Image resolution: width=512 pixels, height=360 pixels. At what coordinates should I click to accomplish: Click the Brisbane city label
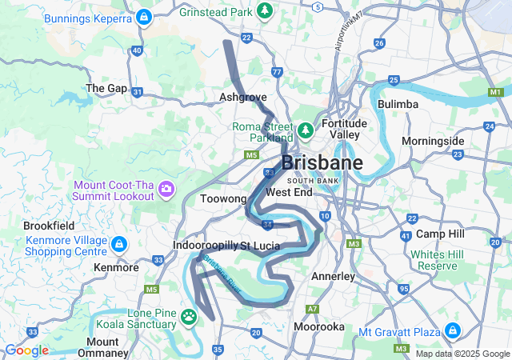pos(322,162)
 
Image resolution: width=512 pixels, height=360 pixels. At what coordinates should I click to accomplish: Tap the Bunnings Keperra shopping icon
pos(143,16)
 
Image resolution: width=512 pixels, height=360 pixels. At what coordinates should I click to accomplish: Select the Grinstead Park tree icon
pos(266,12)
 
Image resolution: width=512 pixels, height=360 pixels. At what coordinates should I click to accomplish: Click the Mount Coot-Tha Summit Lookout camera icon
pos(166,190)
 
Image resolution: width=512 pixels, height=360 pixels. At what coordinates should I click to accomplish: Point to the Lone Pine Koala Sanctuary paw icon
pos(189,318)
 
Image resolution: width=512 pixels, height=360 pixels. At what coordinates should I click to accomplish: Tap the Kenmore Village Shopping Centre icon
pos(118,242)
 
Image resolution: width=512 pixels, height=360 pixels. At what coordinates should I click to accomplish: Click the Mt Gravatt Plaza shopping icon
pos(452,330)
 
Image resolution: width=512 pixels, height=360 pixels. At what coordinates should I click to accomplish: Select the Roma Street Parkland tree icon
pos(305,130)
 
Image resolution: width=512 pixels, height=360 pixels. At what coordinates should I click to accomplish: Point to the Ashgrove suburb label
pos(242,97)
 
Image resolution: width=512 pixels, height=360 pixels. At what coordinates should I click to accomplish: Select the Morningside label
pos(433,141)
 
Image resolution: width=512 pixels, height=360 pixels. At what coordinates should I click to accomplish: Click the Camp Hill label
pos(440,234)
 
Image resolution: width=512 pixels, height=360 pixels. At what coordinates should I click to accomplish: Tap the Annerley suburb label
pos(332,276)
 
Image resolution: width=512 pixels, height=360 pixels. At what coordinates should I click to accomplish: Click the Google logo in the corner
pos(26,350)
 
